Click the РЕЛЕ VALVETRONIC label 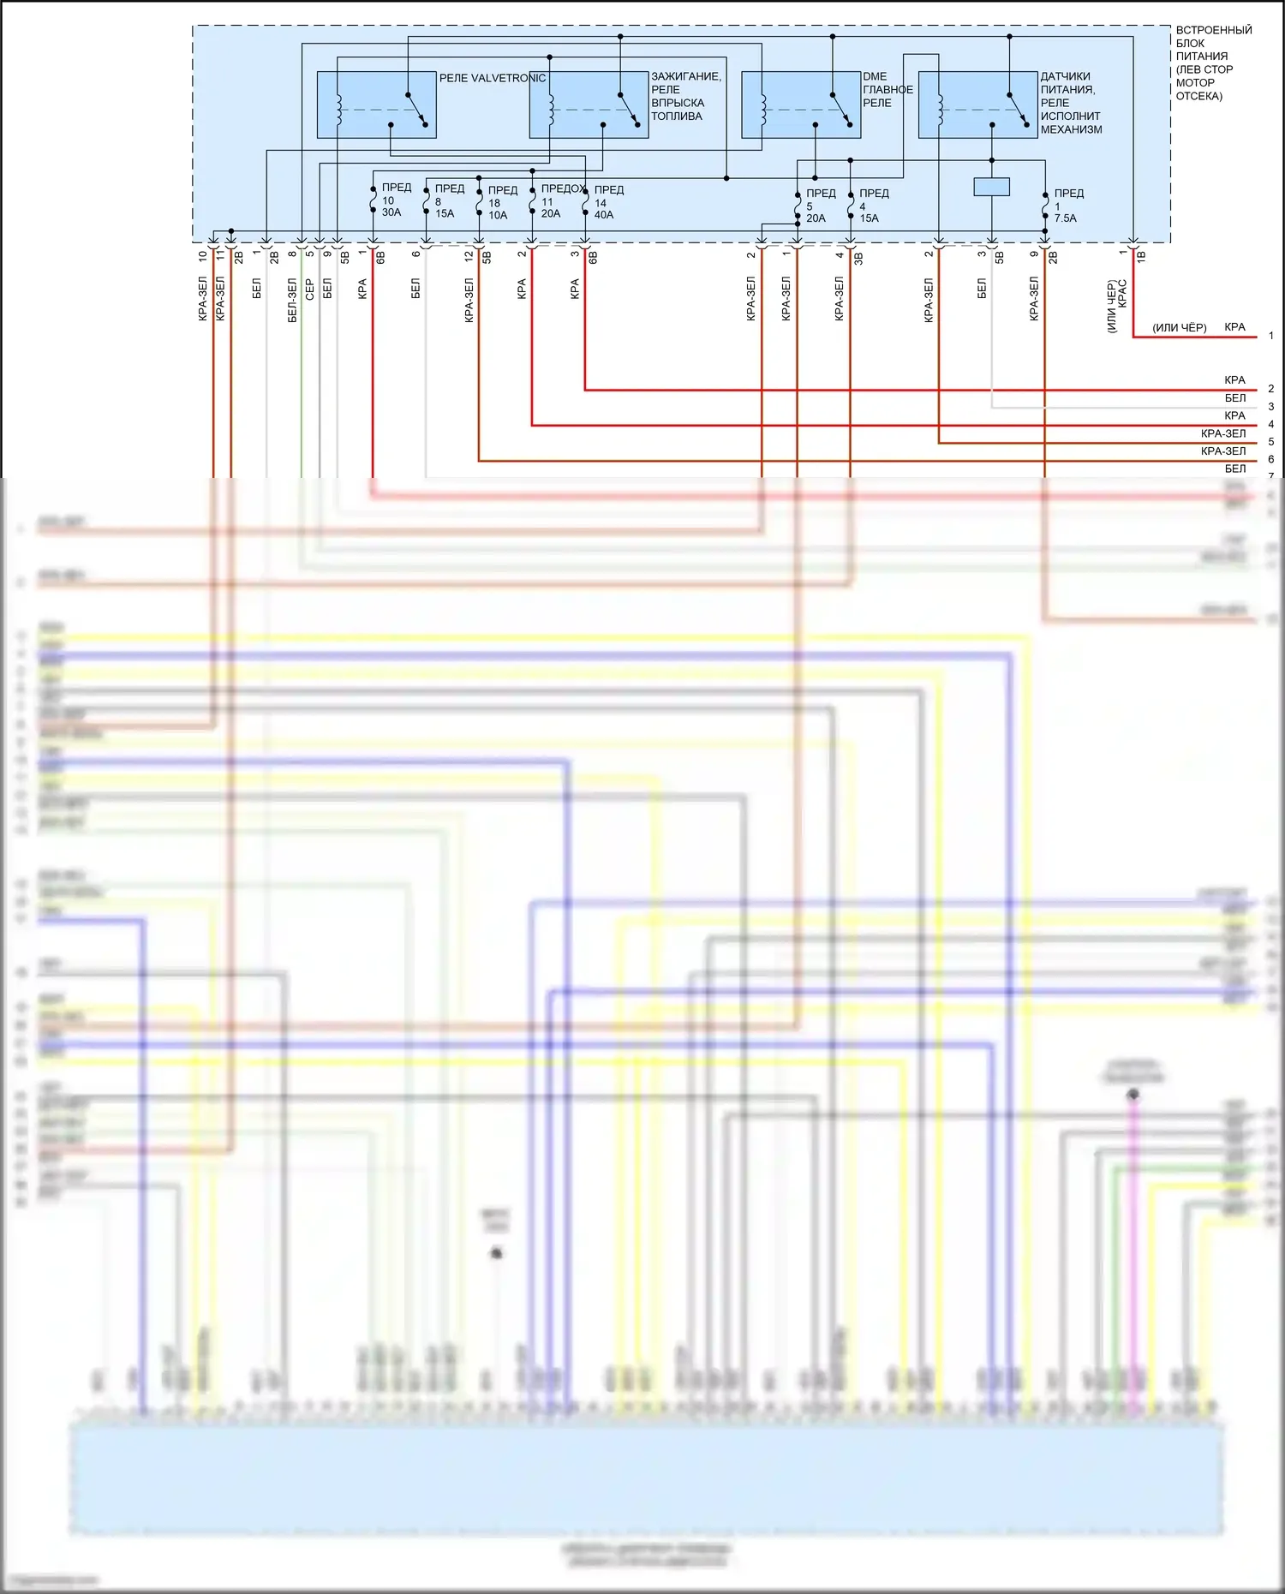click(x=492, y=78)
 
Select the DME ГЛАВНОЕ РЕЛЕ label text click(x=888, y=89)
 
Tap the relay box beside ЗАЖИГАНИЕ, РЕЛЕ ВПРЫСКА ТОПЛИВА click(x=589, y=104)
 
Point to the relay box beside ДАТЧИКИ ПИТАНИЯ click(x=977, y=104)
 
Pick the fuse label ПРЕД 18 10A click(x=501, y=202)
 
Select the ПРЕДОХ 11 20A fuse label click(x=561, y=200)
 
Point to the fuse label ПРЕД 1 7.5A click(x=1067, y=206)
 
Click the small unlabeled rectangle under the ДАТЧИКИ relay click(x=992, y=186)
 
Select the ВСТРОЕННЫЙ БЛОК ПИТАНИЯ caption click(x=1212, y=63)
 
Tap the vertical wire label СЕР click(x=310, y=289)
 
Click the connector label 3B click(x=858, y=257)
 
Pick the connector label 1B click(x=1141, y=255)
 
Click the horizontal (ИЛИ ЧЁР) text click(x=1179, y=327)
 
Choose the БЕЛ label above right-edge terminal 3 click(x=1234, y=397)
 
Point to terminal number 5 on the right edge click(x=1271, y=442)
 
